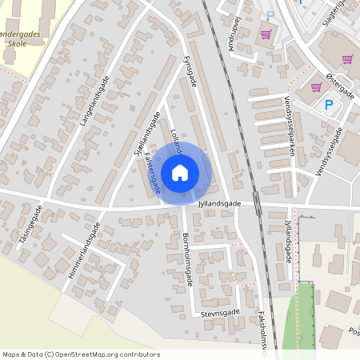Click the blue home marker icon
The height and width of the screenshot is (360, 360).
click(x=180, y=172)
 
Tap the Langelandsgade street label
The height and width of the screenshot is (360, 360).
click(x=94, y=102)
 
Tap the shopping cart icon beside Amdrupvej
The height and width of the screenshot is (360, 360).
click(x=266, y=34)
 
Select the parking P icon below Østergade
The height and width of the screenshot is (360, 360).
click(x=328, y=105)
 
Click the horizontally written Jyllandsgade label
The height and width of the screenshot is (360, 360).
click(x=220, y=204)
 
